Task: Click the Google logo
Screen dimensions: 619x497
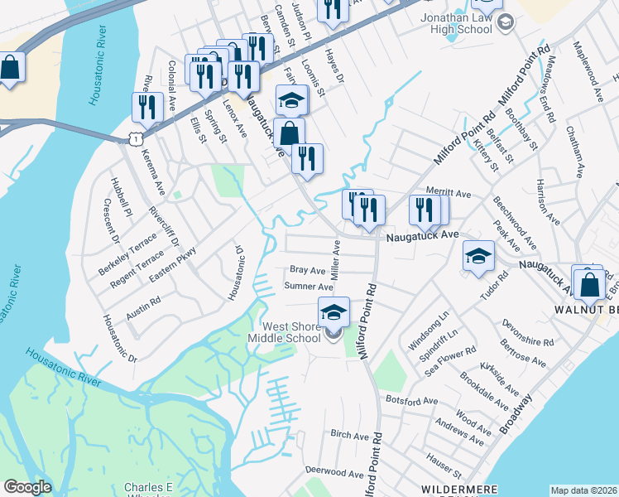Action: pyautogui.click(x=27, y=487)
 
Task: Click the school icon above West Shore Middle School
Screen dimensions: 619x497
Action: pyautogui.click(x=333, y=313)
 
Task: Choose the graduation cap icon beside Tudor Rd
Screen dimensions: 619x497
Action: pyautogui.click(x=478, y=256)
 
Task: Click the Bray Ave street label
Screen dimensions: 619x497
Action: pyautogui.click(x=307, y=270)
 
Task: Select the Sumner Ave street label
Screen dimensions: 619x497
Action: pyautogui.click(x=308, y=287)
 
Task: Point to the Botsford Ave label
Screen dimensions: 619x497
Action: pyautogui.click(x=412, y=400)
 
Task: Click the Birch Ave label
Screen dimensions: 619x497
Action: pyautogui.click(x=349, y=435)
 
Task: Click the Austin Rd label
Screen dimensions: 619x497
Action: pyautogui.click(x=143, y=308)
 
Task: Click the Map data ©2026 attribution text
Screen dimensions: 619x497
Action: pyautogui.click(x=584, y=490)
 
